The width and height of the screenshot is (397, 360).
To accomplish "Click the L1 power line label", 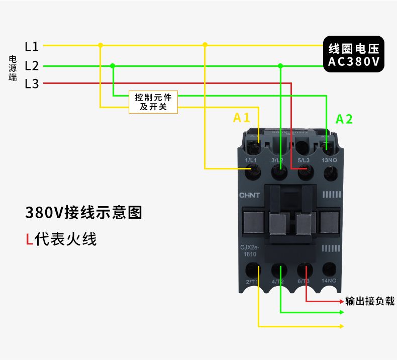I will point(32,46).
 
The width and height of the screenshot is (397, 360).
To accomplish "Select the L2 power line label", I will point(32,65).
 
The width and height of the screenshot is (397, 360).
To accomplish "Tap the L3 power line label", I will point(32,84).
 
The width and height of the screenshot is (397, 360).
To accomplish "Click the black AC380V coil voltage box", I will point(353,55).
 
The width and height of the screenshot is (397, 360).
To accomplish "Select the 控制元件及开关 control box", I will point(153,102).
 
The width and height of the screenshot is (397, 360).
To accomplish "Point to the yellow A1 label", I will point(242,118).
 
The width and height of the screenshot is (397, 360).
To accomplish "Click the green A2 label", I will point(344,119).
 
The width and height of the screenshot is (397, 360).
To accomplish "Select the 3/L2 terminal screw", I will point(278,173).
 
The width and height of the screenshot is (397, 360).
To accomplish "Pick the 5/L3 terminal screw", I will point(304,173).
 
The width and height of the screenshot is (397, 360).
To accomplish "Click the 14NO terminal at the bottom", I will point(329,269).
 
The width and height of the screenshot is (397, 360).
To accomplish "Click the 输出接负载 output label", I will point(370,301).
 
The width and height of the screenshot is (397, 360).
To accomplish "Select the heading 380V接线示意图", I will point(83,213).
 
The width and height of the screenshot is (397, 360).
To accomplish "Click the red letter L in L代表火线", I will point(29,239).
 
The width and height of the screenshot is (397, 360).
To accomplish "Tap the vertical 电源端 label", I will point(13,68).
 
